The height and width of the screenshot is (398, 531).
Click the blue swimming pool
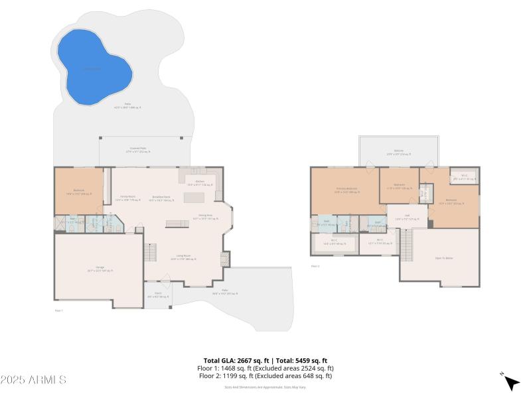point(92,66)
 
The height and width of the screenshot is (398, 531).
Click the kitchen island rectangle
point(195,198)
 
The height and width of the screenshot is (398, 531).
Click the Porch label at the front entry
point(158,295)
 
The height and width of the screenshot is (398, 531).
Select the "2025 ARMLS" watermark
point(33,380)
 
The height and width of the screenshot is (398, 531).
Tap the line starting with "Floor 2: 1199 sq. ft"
point(265,376)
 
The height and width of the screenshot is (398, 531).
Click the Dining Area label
point(205,216)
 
